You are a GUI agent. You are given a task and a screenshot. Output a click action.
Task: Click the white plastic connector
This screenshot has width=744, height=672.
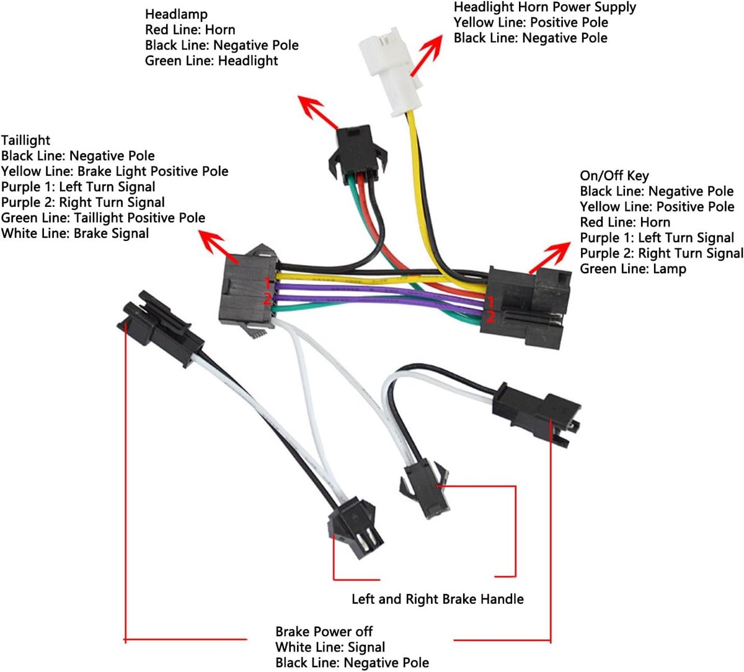point(390,72)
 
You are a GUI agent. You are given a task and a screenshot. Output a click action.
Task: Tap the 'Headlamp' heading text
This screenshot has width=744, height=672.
point(176,14)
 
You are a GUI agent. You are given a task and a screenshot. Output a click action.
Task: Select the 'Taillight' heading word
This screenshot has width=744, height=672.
point(25,141)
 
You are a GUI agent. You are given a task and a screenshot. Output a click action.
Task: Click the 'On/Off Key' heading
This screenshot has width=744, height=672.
point(614,176)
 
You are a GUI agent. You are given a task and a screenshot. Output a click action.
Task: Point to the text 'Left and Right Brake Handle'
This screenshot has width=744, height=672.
point(438,600)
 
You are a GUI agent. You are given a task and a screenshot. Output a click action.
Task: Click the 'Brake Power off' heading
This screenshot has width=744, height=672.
point(324,632)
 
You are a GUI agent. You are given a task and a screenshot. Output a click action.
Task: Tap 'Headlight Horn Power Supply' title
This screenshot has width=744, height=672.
point(545,7)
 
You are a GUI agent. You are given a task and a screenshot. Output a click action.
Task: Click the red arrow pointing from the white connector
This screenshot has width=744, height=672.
point(427,55)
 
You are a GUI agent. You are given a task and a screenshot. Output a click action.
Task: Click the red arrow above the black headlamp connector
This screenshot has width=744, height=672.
point(318,112)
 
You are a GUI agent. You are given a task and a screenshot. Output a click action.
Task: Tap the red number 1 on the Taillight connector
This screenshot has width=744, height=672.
point(267,283)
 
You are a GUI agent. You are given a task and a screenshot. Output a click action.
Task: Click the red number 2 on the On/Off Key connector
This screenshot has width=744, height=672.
point(490,317)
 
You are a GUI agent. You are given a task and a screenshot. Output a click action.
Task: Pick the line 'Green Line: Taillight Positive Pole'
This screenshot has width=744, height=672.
point(103,218)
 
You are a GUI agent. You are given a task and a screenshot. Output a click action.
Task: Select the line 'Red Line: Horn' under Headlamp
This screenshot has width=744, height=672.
point(190,30)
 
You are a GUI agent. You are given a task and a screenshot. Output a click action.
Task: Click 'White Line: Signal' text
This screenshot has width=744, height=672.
point(330,647)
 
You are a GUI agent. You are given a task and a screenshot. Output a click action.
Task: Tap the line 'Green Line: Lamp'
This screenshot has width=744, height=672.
point(633,269)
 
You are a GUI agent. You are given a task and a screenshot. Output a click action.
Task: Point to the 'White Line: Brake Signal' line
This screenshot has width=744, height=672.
point(75,233)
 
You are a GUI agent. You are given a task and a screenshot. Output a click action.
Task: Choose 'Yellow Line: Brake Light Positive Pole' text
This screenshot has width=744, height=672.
point(115,171)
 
